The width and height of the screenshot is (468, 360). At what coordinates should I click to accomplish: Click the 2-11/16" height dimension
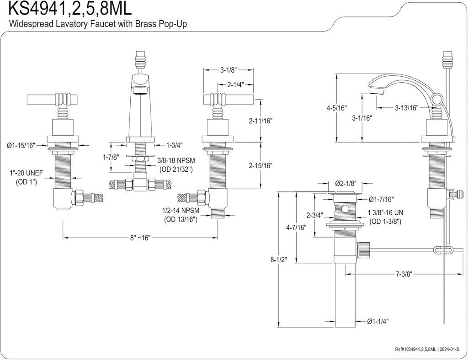(x=261, y=121)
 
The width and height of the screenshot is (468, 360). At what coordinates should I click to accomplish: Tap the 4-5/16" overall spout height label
(x=337, y=108)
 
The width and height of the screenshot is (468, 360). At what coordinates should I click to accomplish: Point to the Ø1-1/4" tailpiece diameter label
(x=378, y=321)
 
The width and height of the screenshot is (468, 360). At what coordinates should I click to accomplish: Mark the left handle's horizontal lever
(x=41, y=98)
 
